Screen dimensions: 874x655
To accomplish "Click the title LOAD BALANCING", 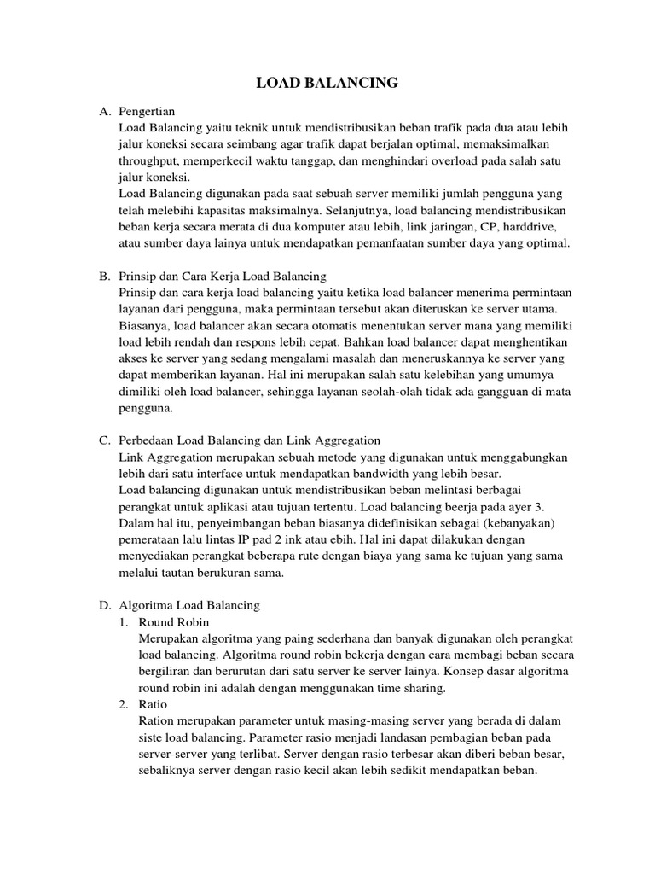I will point(327,83).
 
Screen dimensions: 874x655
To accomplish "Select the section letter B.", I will point(104,276).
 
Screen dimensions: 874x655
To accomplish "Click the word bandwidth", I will point(389,473).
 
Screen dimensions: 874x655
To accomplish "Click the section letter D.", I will point(104,605).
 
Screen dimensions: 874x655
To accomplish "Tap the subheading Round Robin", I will point(173,621).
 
